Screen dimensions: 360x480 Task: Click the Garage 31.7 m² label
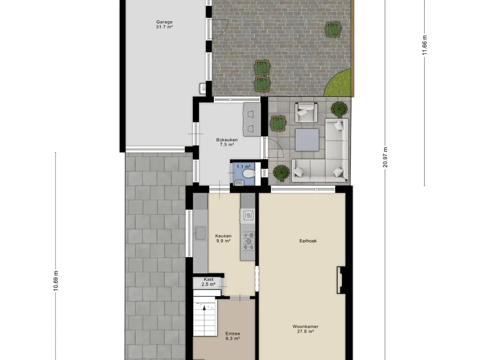click(x=165, y=24)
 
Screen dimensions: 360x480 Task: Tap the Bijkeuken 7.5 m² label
click(x=227, y=142)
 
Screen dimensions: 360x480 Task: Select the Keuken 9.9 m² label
click(x=223, y=239)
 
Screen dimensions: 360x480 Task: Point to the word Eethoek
click(x=308, y=241)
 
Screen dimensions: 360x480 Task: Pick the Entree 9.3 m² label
click(x=232, y=336)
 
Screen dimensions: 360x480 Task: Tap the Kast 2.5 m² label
click(x=209, y=282)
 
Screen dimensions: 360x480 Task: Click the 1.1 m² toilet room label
click(x=243, y=166)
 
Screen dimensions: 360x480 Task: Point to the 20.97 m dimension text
click(x=385, y=157)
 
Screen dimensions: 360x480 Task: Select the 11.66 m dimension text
click(x=425, y=45)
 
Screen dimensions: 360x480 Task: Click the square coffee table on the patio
click(x=307, y=140)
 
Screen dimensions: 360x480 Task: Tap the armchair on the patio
click(x=306, y=112)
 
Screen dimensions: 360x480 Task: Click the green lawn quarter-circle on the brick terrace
click(x=340, y=83)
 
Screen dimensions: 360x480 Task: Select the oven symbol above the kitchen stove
click(x=248, y=216)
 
